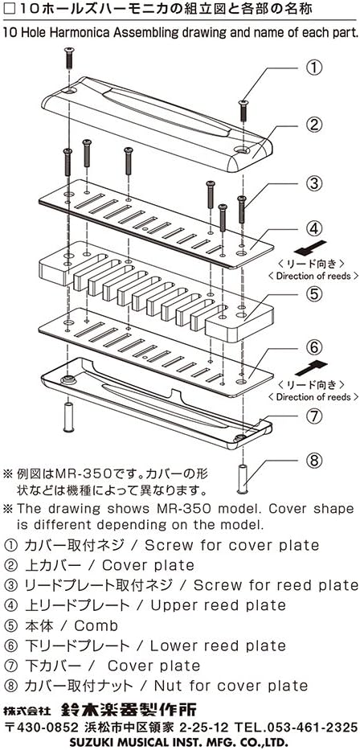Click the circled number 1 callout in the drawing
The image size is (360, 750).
(314, 67)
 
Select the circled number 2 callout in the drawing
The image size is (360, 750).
(314, 125)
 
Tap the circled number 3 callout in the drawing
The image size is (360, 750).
(314, 182)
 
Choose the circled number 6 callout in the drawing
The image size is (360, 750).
(314, 350)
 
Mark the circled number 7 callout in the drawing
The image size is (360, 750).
(314, 416)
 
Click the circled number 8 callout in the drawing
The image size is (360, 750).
(314, 461)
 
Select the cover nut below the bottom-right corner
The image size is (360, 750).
(242, 479)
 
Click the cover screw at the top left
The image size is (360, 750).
(67, 59)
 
